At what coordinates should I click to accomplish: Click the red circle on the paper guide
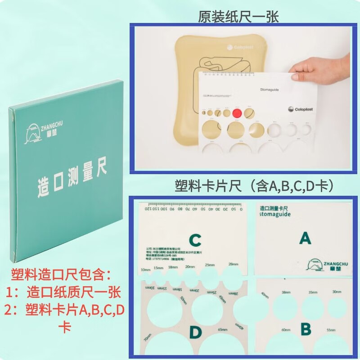pos(237,113)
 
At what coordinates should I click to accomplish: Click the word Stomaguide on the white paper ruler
pos(270,90)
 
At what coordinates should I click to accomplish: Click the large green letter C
pos(194,240)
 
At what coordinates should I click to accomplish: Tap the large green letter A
pos(305,238)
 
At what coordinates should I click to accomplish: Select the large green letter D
pos(195,332)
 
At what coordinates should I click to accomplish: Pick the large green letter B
pos(306,329)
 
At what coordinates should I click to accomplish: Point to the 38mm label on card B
pos(286,292)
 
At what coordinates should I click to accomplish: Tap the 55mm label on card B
pos(330,330)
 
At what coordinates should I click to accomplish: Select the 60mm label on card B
pos(286,330)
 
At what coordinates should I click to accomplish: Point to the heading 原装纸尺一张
pos(238,17)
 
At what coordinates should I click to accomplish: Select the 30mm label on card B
pos(337,292)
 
